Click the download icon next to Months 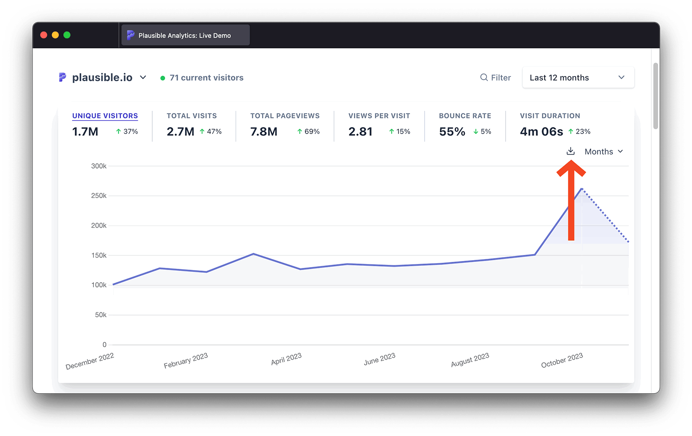570,151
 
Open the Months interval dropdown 603,152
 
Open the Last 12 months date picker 578,78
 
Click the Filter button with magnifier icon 496,78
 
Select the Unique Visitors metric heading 105,116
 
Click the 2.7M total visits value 180,132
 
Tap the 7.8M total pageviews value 264,132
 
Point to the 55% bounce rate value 452,132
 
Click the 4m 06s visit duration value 541,132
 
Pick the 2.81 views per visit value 360,132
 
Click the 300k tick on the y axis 99,166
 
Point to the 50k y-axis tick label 100,315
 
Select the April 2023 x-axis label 286,359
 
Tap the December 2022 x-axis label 90,361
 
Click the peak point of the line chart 582,188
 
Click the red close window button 44,35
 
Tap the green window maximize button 67,35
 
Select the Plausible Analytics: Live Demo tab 185,35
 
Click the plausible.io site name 102,78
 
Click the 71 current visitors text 206,78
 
